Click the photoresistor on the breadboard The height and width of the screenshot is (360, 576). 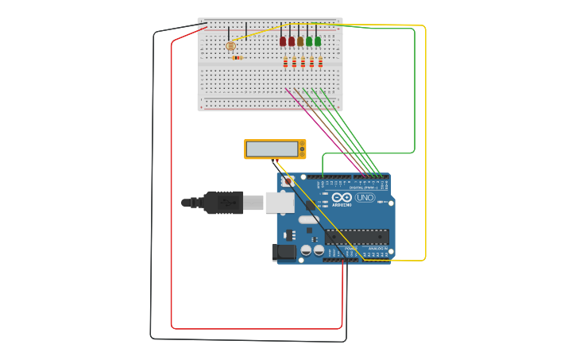(x=230, y=46)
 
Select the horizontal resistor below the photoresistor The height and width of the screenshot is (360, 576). (x=237, y=57)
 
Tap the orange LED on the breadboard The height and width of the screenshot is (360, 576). (x=300, y=41)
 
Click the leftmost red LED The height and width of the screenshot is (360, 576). (x=283, y=41)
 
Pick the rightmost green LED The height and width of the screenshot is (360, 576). (x=318, y=41)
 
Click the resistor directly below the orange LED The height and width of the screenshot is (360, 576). (x=303, y=62)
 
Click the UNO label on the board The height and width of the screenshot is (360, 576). (x=365, y=197)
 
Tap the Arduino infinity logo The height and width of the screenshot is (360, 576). (x=342, y=197)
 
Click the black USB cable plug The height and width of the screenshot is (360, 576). (x=223, y=203)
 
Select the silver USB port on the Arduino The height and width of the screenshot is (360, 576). (x=279, y=203)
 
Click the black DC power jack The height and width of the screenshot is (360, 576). (x=284, y=253)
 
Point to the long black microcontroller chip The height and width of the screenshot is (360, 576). (x=357, y=237)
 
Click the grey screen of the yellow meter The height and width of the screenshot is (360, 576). (x=272, y=149)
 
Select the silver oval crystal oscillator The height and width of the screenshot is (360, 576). (x=308, y=219)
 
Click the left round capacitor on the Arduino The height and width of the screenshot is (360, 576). (x=306, y=250)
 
